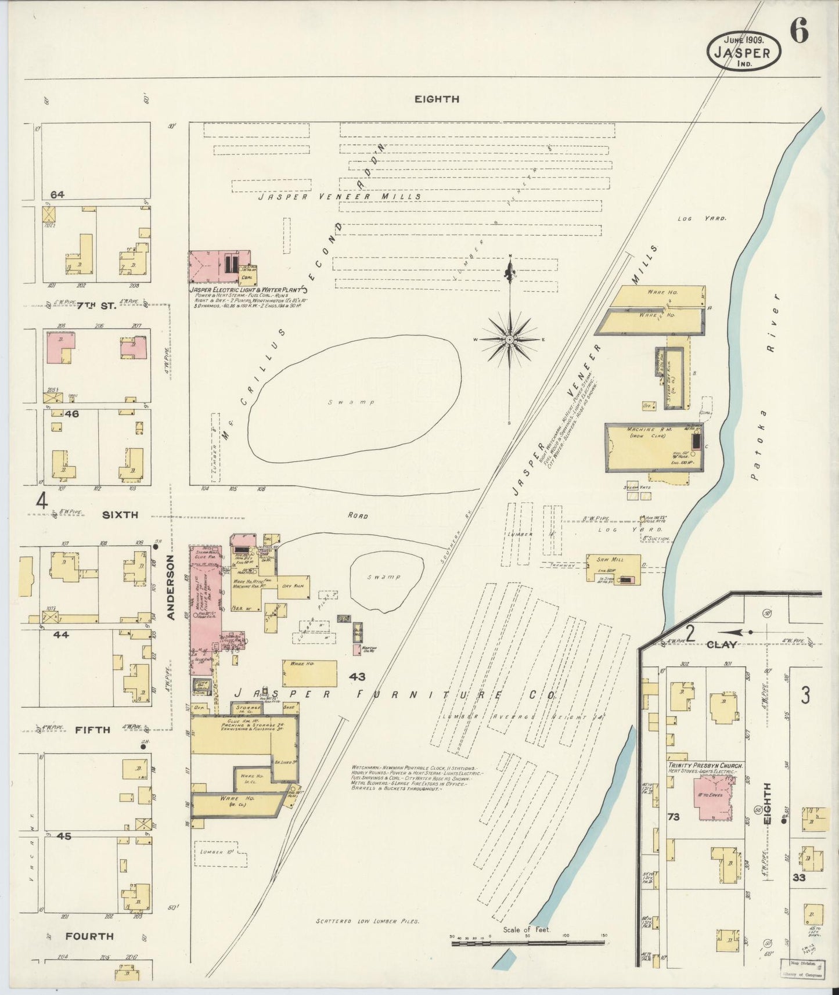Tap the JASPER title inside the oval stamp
pos(743,53)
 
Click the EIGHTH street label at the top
pos(437,99)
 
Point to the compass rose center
pos(509,339)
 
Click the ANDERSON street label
pos(171,587)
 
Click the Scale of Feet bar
pos(528,943)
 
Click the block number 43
pos(357,677)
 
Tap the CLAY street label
pos(722,644)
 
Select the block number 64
pos(57,195)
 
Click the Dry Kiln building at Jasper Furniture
pos(294,586)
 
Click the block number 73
pos(674,817)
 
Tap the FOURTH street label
pos(89,936)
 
